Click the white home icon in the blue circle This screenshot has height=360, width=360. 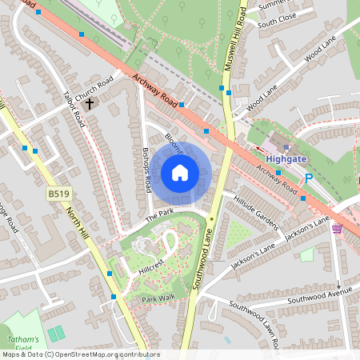pos(180,173)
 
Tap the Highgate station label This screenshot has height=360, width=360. pos(287,158)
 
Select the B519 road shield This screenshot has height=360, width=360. pos(57,194)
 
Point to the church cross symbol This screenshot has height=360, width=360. pos(90,103)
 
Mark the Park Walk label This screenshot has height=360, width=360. pos(158,299)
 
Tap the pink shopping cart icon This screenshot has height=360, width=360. pos(337,229)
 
